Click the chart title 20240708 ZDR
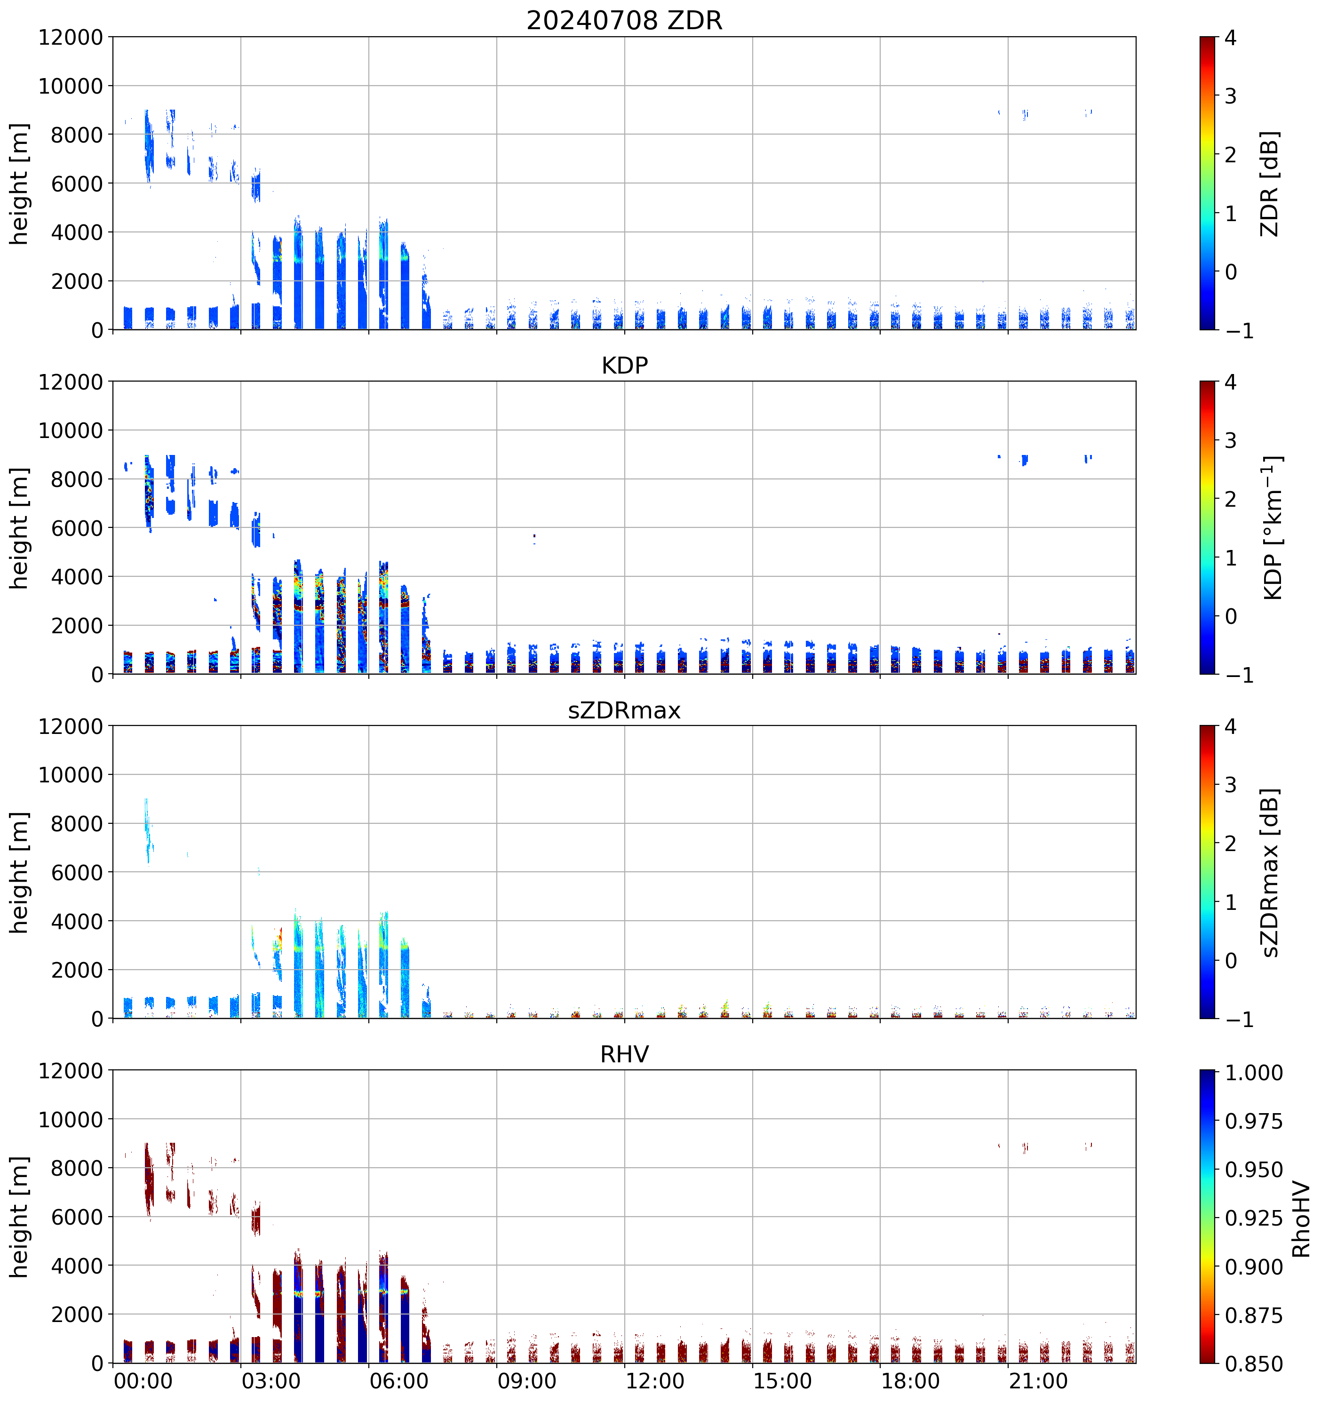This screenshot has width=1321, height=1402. [x=624, y=20]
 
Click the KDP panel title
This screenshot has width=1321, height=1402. [x=624, y=365]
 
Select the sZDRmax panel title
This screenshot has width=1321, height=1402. [x=624, y=710]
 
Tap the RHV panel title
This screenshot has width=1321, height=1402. [x=624, y=1054]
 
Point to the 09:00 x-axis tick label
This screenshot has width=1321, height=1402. [x=527, y=1380]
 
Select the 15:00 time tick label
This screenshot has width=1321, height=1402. [x=783, y=1380]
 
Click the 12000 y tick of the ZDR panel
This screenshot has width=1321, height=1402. [x=71, y=37]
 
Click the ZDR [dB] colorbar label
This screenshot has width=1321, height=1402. [x=1270, y=183]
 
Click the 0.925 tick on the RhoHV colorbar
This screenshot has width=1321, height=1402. [x=1253, y=1218]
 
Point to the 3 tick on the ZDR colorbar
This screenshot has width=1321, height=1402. [x=1230, y=96]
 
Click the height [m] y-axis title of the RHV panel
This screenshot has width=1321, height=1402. [x=20, y=1217]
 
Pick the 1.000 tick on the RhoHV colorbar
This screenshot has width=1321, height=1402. [x=1253, y=1073]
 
